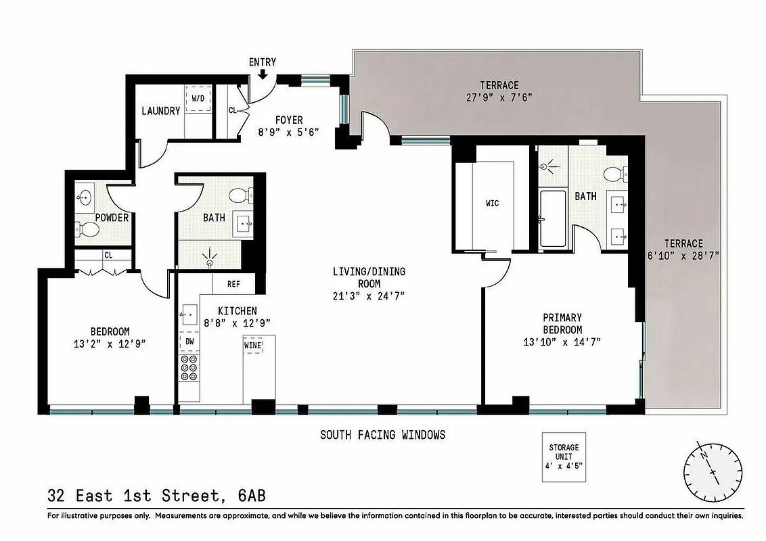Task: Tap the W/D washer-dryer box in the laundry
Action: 198,99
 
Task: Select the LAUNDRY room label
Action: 160,111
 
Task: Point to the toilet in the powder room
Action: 87,230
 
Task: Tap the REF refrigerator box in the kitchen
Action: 234,284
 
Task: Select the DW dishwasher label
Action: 189,342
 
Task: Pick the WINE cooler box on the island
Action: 252,346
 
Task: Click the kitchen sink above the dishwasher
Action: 189,314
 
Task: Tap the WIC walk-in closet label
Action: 492,203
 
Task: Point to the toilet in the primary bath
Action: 614,174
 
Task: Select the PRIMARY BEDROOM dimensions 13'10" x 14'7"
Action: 562,342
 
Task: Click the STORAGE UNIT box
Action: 563,457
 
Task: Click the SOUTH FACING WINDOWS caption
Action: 382,435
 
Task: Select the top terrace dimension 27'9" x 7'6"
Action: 499,97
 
